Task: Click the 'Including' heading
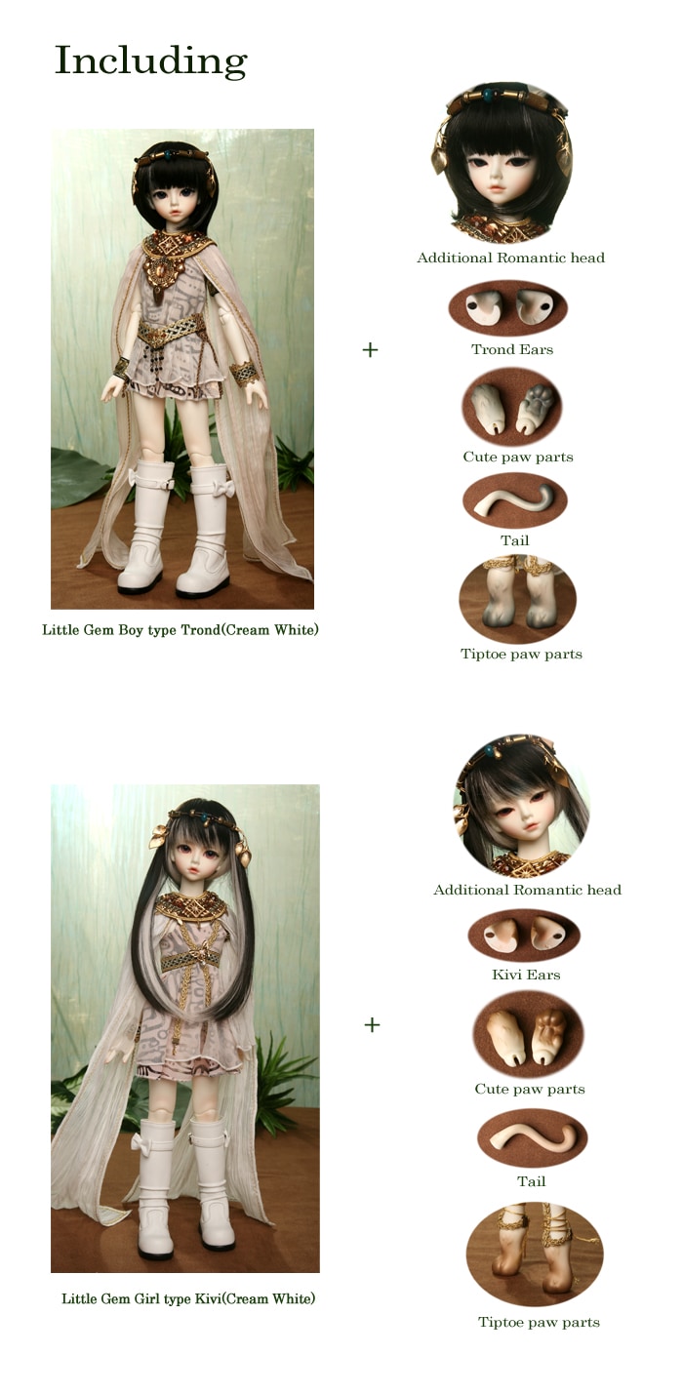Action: click(151, 62)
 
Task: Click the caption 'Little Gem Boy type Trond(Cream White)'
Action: click(181, 630)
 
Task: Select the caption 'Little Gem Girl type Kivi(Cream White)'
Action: click(188, 1298)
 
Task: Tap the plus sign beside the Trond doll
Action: click(370, 350)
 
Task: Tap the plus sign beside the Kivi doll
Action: click(372, 1024)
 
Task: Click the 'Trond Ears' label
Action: click(512, 350)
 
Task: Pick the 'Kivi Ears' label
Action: click(526, 975)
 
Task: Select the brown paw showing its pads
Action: click(549, 1033)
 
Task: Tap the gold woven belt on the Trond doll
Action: click(171, 330)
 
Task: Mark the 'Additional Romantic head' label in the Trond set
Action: click(510, 258)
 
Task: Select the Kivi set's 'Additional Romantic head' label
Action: click(527, 890)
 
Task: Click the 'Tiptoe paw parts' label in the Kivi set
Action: click(540, 1323)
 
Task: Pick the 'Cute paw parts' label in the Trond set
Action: click(518, 457)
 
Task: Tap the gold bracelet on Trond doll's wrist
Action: click(244, 374)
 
